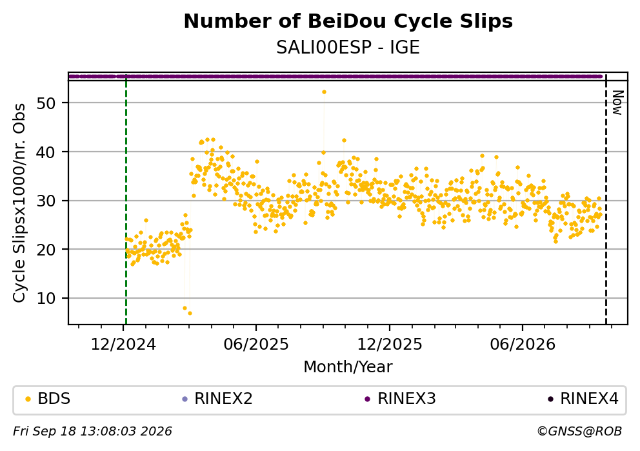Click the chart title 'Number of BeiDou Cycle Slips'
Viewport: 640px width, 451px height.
point(348,21)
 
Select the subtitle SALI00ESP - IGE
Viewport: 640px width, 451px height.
point(348,48)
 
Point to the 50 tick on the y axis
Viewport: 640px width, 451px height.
point(46,103)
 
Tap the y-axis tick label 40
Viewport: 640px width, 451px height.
point(46,152)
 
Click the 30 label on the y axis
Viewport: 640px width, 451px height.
point(46,201)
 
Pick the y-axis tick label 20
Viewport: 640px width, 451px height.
point(46,250)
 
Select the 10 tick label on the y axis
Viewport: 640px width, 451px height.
point(46,298)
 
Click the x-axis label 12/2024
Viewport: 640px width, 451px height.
point(123,345)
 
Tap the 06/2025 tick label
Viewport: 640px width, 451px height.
point(256,345)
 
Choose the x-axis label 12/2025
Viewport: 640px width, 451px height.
point(390,345)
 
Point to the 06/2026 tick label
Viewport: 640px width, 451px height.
point(523,345)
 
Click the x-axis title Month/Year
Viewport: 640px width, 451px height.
point(348,367)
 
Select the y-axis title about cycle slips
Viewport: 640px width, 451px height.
point(19,203)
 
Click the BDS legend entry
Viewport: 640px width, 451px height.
point(48,399)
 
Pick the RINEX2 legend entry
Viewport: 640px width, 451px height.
point(217,399)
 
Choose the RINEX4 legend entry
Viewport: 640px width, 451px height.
point(583,399)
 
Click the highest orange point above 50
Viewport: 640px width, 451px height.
point(324,92)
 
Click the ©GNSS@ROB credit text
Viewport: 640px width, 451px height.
point(579,432)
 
